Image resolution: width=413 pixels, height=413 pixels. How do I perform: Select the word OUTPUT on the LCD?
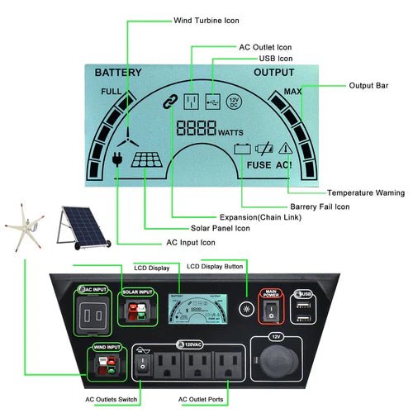[x=273, y=73]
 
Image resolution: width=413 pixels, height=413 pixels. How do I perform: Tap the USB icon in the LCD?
[x=214, y=102]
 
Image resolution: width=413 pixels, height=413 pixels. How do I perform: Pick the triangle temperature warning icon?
[x=287, y=150]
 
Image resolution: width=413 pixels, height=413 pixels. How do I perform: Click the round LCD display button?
[x=247, y=307]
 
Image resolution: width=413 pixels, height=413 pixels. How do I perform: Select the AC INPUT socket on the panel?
[x=93, y=313]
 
